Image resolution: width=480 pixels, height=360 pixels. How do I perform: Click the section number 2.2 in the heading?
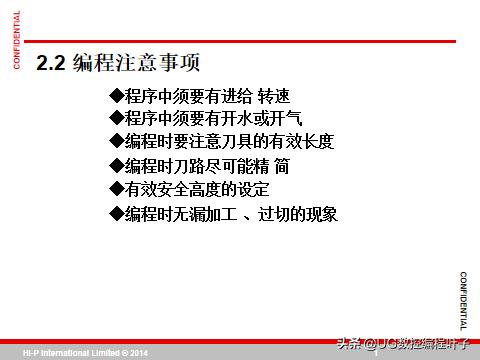[x=51, y=63]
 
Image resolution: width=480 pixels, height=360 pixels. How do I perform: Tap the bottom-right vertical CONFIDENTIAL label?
[x=463, y=300]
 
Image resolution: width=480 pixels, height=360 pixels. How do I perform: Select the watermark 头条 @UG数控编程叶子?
[x=405, y=345]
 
